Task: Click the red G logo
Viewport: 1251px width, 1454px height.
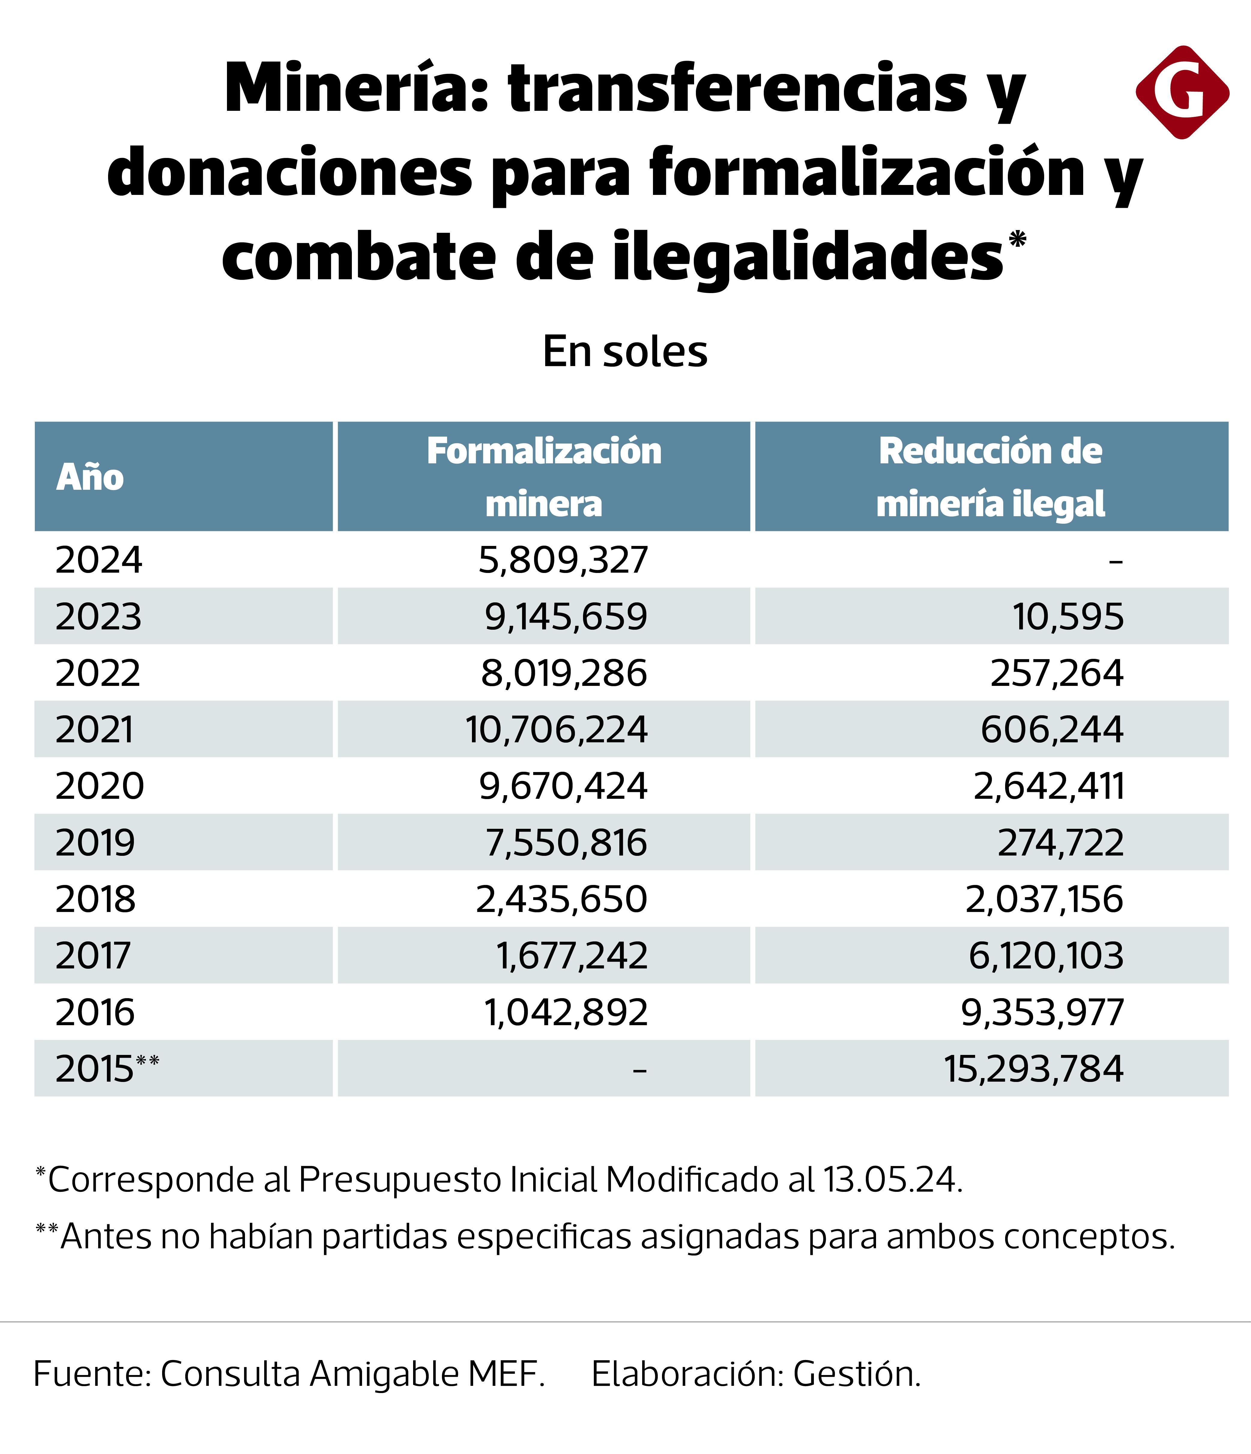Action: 1182,92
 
